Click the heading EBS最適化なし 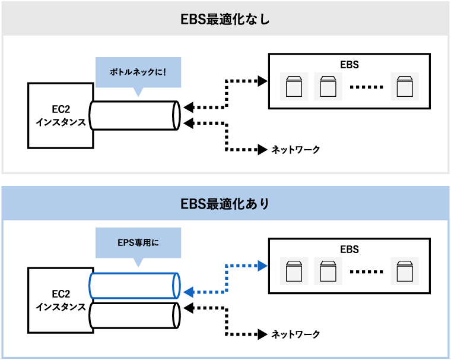tap(225, 19)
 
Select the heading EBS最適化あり tap(225, 204)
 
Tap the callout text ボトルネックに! tap(138, 72)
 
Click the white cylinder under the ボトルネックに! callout tap(134, 116)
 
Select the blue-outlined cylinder tap(134, 286)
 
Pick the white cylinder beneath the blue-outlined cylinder tap(134, 315)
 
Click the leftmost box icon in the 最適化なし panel tap(294, 87)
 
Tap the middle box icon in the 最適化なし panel tap(328, 87)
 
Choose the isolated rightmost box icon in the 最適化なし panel tap(405, 87)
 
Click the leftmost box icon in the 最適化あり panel tap(294, 271)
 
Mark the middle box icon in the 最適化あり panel tap(328, 271)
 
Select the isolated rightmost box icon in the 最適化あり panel tap(405, 271)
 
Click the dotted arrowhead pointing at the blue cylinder tap(189, 292)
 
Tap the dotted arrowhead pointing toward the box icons tap(263, 266)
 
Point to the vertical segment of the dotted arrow tap(227, 279)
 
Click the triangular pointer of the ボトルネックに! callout tap(138, 93)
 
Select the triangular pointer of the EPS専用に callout tap(138, 263)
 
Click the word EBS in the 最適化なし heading tap(192, 19)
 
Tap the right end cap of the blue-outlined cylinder tap(176, 286)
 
